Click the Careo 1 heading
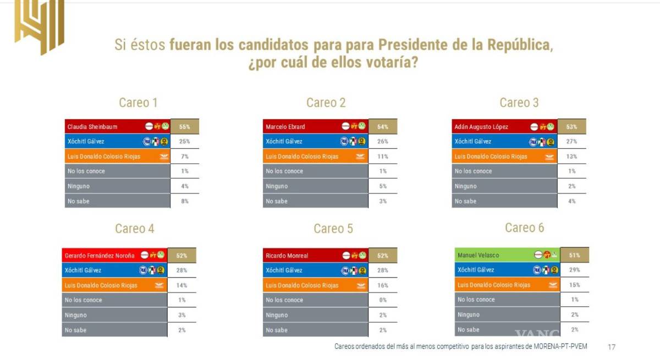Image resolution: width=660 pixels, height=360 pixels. [138, 103]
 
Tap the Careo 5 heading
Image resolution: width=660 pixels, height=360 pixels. [333, 229]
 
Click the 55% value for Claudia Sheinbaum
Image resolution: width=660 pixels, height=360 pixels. [184, 126]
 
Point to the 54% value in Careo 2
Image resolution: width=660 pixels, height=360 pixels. [382, 126]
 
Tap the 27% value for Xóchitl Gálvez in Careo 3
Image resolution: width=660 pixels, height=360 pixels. [571, 142]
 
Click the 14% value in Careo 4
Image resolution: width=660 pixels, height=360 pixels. [182, 285]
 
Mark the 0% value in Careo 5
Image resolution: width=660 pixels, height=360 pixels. [383, 300]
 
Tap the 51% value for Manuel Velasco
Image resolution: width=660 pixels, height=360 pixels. [575, 255]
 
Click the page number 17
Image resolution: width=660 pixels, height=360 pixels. [611, 347]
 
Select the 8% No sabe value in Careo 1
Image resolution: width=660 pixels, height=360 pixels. [184, 201]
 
